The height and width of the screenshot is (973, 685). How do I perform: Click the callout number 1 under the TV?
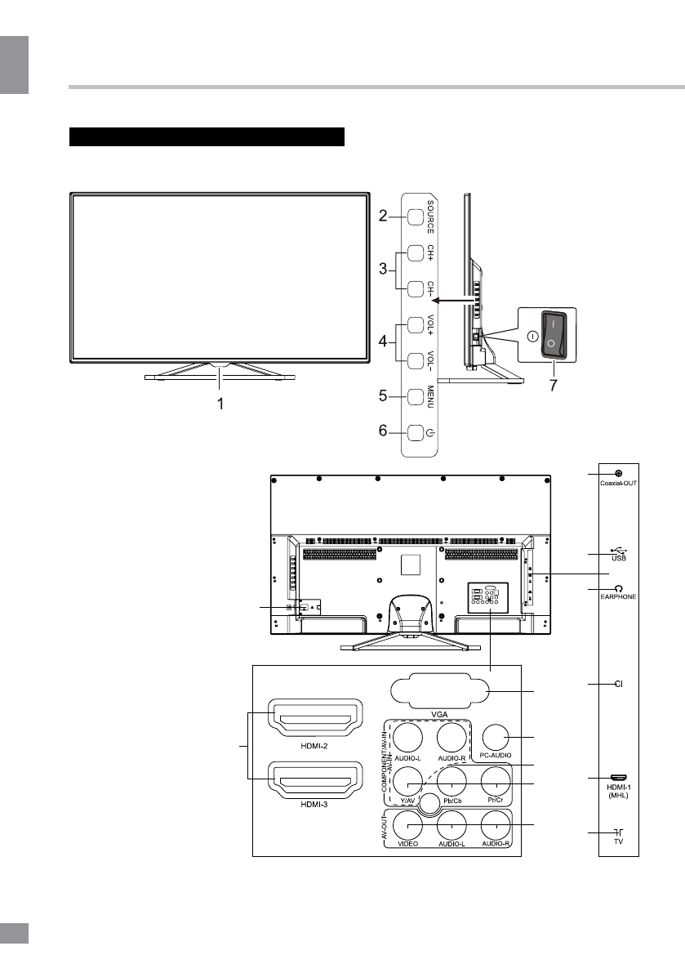(x=219, y=403)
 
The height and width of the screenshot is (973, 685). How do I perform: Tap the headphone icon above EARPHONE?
(x=619, y=587)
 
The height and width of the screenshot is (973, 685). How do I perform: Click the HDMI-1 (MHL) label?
(x=618, y=788)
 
